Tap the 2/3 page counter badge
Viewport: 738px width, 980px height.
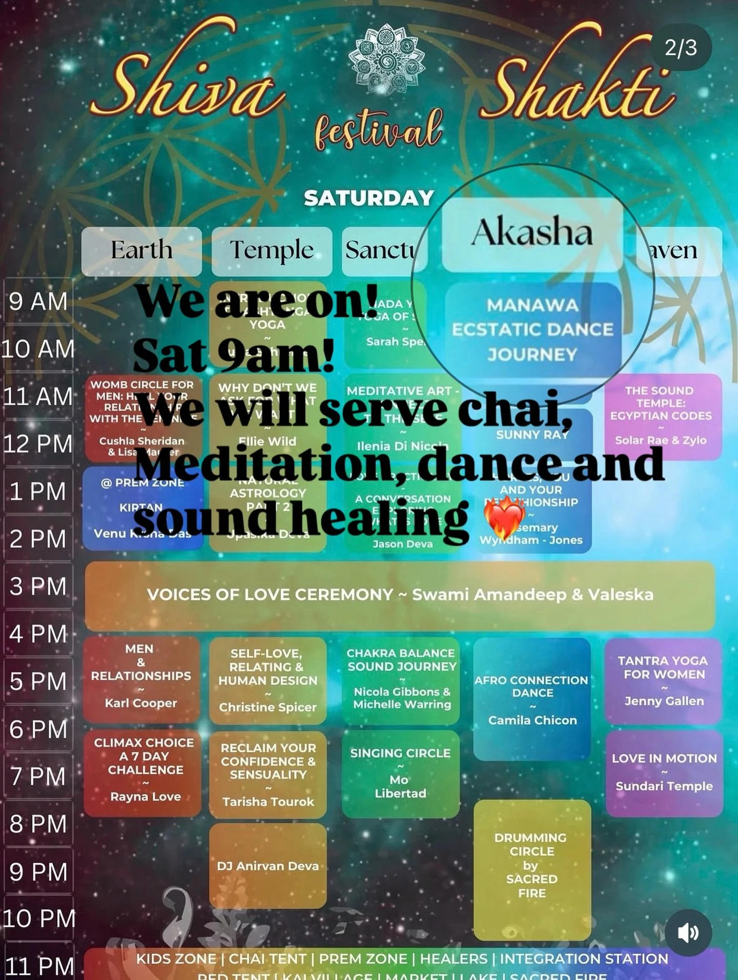point(681,48)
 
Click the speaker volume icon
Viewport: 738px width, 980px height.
point(688,932)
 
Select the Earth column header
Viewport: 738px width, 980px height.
point(141,251)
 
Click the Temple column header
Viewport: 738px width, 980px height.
point(272,251)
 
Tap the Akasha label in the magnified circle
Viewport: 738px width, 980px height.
point(532,233)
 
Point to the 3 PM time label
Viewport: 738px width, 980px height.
point(38,586)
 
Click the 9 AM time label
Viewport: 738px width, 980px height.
point(38,301)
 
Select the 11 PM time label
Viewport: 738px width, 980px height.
point(39,966)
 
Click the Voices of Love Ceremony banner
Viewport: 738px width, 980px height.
point(400,595)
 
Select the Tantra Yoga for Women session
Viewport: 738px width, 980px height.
point(664,680)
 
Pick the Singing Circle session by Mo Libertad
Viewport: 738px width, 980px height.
point(400,773)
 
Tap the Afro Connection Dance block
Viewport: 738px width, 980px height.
point(532,699)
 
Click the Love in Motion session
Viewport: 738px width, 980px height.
point(664,772)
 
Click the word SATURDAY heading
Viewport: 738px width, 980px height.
point(368,198)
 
